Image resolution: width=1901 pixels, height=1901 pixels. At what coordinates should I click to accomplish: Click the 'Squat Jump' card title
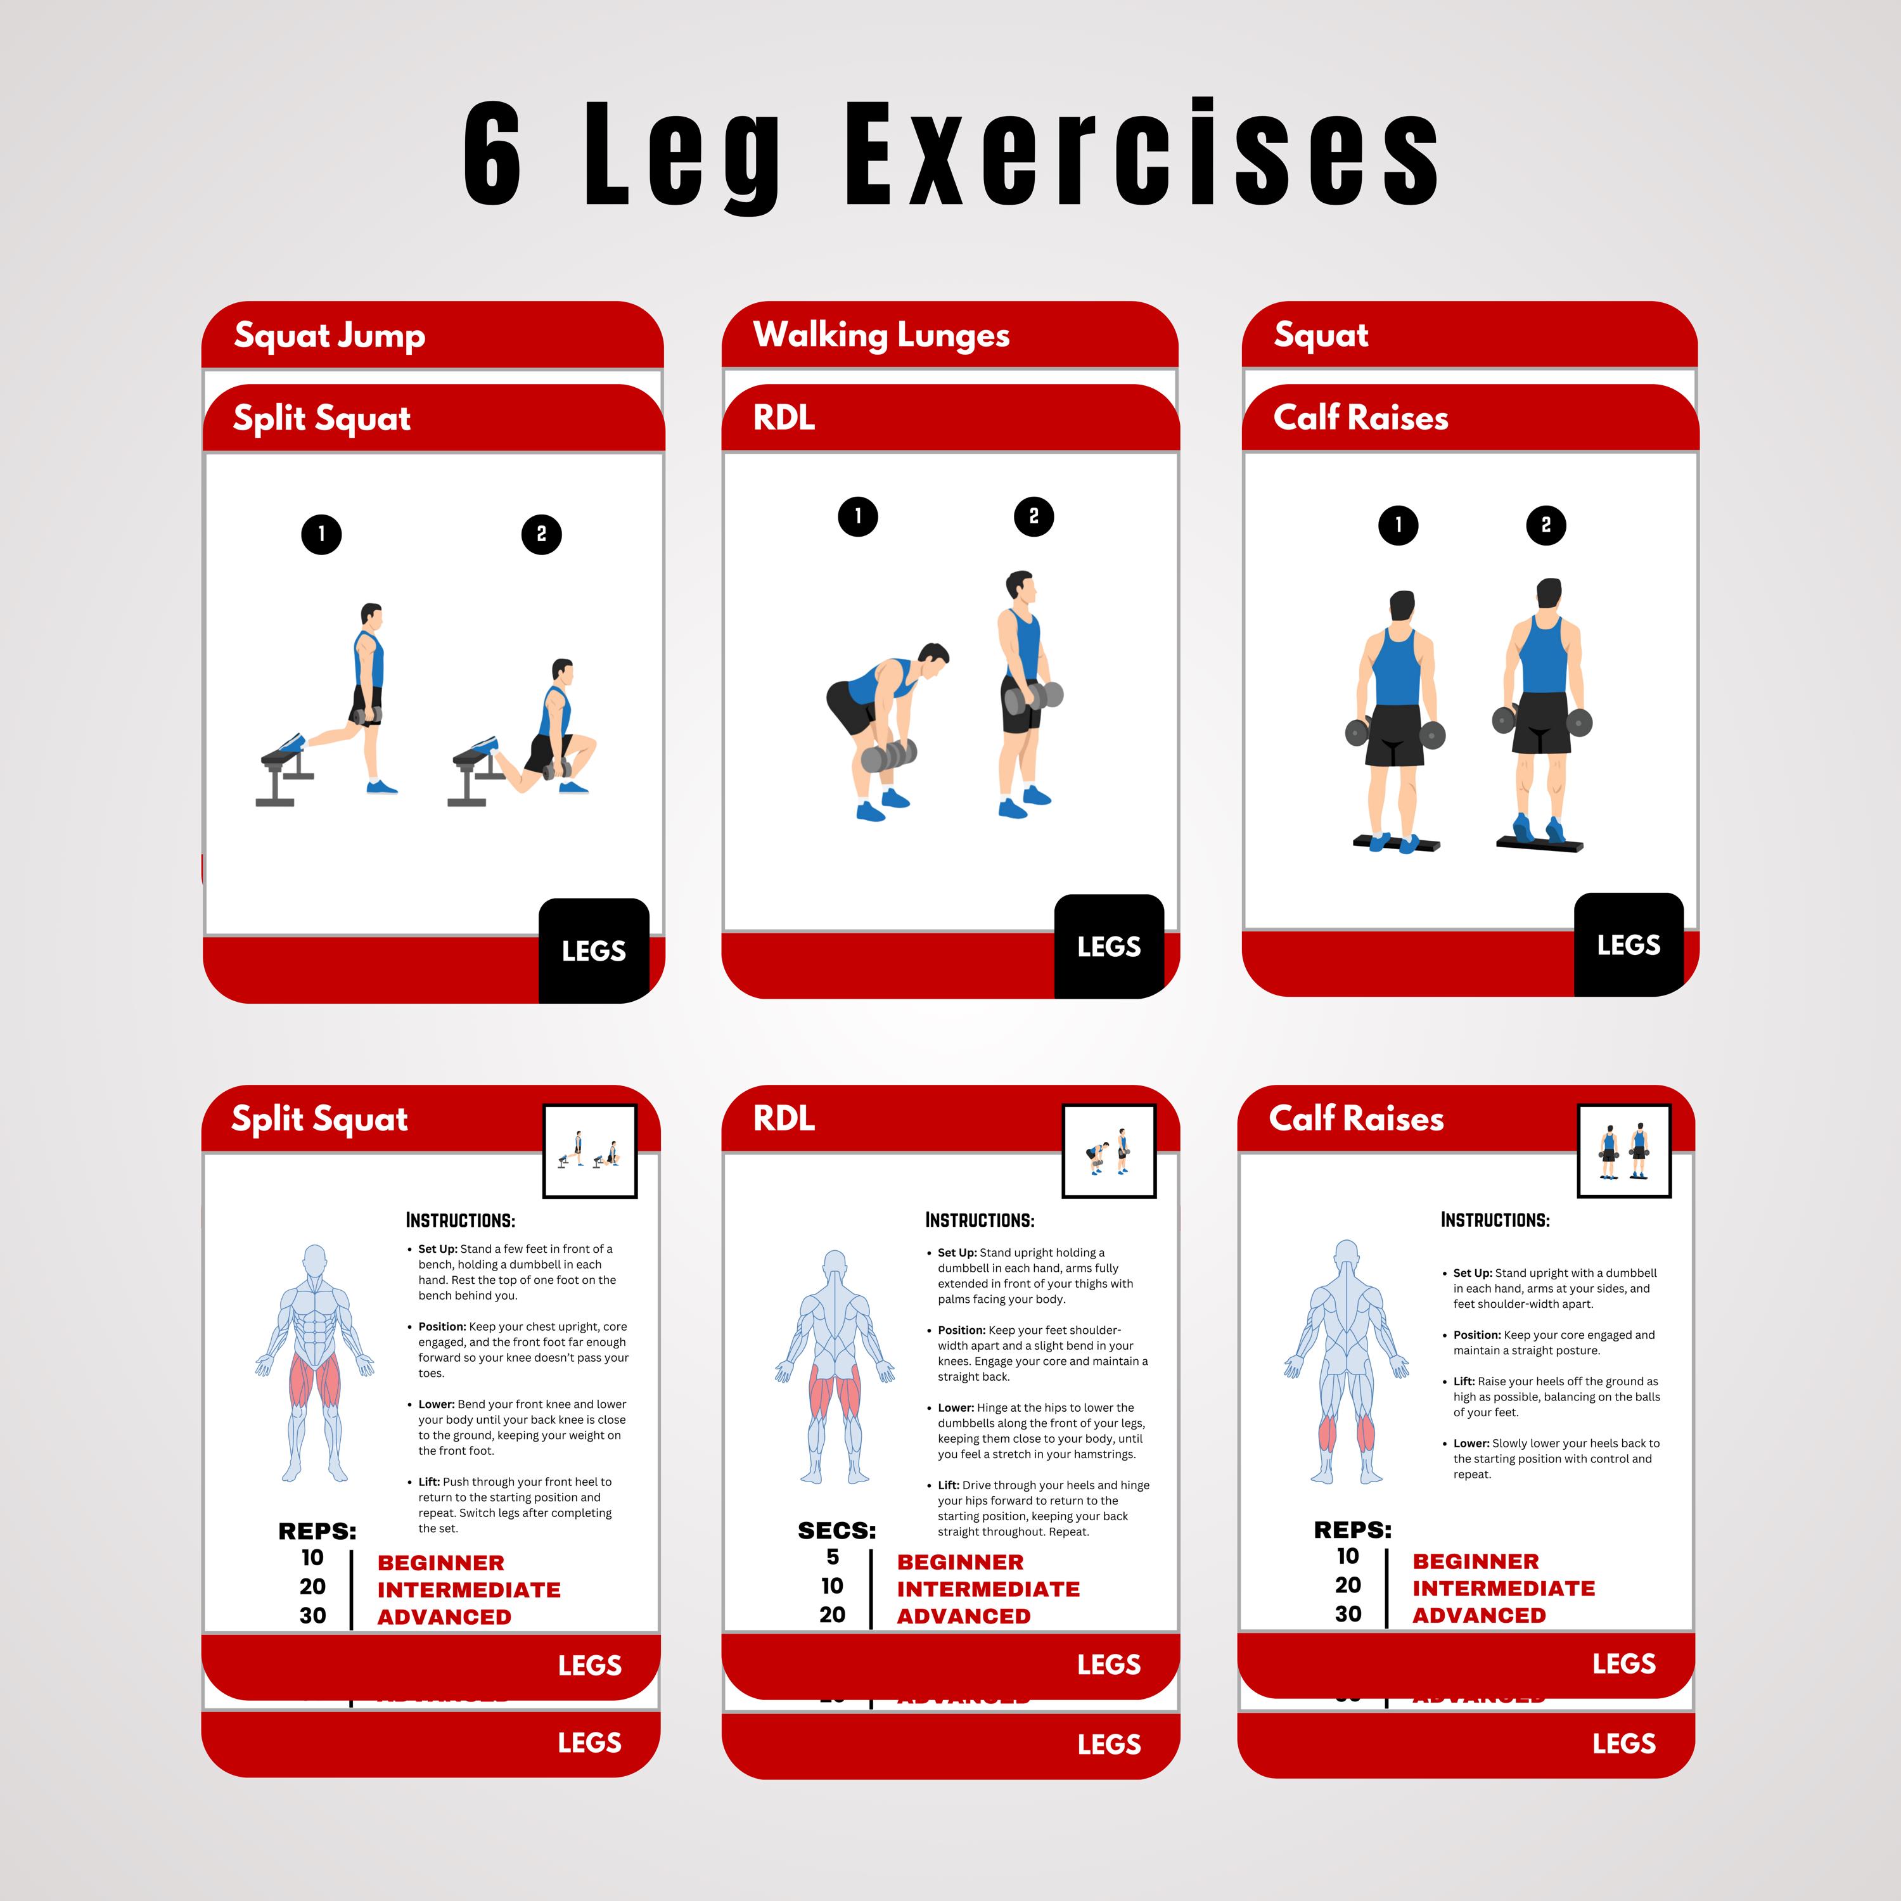(330, 336)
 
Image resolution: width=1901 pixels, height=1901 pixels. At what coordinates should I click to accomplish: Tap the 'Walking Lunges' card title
(881, 336)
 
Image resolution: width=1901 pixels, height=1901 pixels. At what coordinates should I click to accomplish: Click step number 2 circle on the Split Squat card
(541, 534)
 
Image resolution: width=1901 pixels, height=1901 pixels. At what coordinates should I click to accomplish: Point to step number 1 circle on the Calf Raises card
(1399, 525)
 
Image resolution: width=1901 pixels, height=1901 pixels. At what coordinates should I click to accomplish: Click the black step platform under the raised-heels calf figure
(1540, 844)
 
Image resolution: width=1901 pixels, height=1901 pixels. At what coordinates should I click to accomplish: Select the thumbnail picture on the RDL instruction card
(1109, 1150)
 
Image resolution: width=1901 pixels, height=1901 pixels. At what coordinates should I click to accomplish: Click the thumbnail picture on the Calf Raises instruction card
(1623, 1150)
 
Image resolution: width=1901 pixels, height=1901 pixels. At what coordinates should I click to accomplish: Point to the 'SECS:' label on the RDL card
(836, 1530)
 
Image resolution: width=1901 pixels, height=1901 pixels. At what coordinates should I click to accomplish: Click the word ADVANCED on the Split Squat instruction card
(444, 1616)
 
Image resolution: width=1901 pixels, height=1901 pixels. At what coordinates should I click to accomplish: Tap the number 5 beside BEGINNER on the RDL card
(833, 1557)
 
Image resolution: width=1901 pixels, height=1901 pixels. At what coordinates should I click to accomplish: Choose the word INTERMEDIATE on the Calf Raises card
(1504, 1588)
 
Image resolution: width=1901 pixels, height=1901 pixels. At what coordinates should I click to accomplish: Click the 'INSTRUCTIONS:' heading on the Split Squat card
(461, 1220)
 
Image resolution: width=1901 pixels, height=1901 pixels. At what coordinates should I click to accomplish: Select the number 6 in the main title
(492, 155)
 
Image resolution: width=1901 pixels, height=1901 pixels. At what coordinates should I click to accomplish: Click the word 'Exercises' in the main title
(1141, 155)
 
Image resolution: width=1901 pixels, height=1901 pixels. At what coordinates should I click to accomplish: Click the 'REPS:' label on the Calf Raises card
(1352, 1529)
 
